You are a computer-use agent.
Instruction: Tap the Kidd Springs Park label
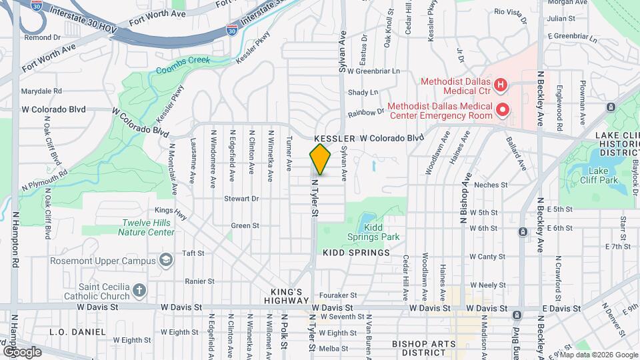[x=373, y=231]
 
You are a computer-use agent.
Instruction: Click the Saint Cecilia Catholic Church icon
[x=139, y=289]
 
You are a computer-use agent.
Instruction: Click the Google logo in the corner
[x=21, y=351]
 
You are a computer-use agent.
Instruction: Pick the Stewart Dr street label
[x=241, y=198]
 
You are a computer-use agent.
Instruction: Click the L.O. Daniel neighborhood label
[x=78, y=331]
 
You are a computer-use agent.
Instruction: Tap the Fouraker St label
[x=339, y=296]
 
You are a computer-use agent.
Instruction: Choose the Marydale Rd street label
[x=41, y=91]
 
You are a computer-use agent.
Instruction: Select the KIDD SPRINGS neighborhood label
[x=355, y=253]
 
